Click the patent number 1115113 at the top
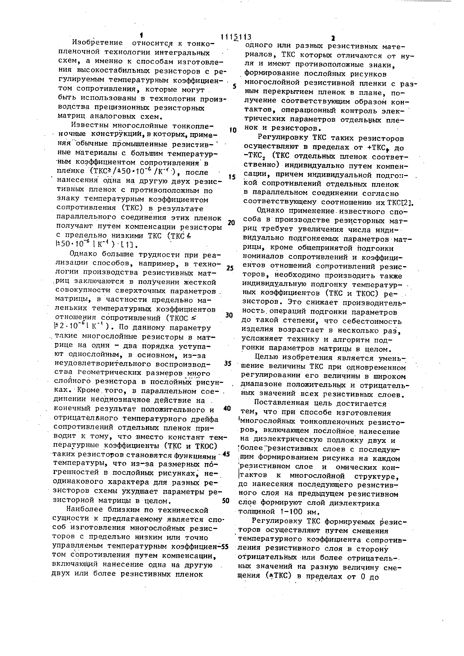236,37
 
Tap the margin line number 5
234,86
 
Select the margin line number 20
231,223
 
